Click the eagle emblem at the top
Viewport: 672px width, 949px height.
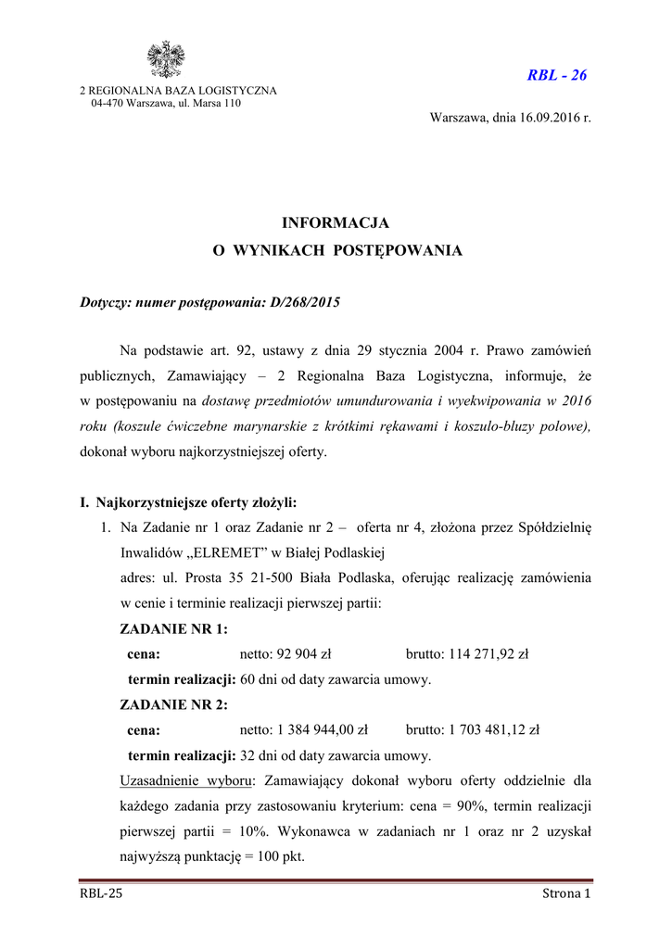tap(167, 60)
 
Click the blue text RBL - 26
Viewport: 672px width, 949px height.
tap(556, 75)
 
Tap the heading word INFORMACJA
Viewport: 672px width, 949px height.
tap(336, 223)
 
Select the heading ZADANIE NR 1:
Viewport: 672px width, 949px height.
tap(174, 629)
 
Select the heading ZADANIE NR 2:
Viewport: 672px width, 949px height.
tap(174, 704)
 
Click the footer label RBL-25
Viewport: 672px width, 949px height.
tap(101, 893)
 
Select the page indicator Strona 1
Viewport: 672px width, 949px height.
tap(565, 893)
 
